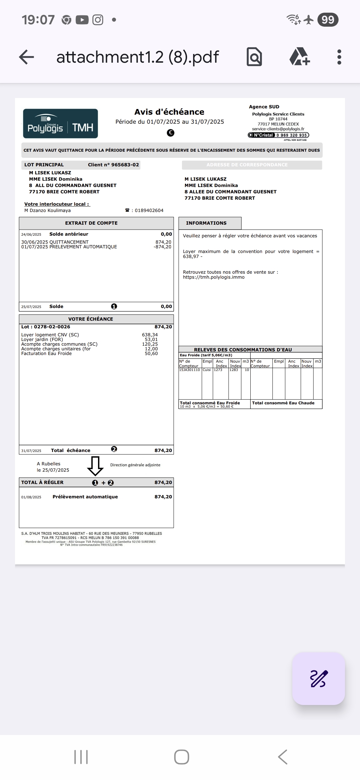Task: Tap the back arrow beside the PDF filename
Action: [x=27, y=57]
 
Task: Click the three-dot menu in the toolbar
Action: [x=339, y=57]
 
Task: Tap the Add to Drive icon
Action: [x=299, y=57]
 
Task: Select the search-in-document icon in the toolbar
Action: [x=254, y=57]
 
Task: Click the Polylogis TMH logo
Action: [x=60, y=124]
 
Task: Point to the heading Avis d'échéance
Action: [x=169, y=112]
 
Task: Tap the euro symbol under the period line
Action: [x=170, y=133]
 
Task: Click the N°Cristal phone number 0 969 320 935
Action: [x=291, y=135]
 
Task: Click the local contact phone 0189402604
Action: [x=149, y=210]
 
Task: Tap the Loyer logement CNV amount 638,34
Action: [x=150, y=335]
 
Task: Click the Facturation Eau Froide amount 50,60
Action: [x=151, y=353]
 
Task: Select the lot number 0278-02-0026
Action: [x=52, y=327]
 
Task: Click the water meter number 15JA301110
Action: [x=189, y=370]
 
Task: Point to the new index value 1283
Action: [x=234, y=370]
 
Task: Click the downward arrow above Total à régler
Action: [x=95, y=466]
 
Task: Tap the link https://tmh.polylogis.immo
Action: [x=214, y=277]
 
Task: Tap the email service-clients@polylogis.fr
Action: [x=278, y=129]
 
